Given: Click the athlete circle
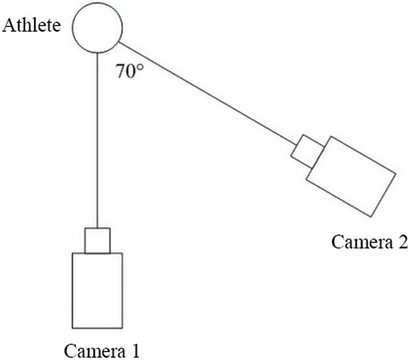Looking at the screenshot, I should (97, 28).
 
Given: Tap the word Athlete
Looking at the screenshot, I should (31, 25).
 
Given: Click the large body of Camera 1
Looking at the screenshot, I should (97, 289).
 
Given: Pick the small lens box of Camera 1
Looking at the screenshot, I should (97, 240).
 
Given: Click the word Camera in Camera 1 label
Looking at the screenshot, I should (91, 350).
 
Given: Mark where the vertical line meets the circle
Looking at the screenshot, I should (97, 53).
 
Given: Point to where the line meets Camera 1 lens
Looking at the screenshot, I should (97, 228).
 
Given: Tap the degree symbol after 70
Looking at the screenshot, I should (140, 68).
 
